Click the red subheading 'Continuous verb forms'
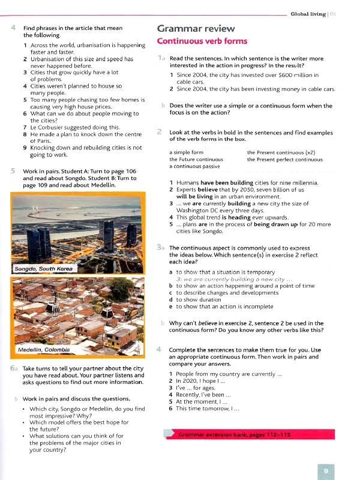(202, 41)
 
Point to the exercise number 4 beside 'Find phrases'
(13, 28)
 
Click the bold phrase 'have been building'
(227, 182)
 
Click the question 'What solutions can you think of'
(76, 436)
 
